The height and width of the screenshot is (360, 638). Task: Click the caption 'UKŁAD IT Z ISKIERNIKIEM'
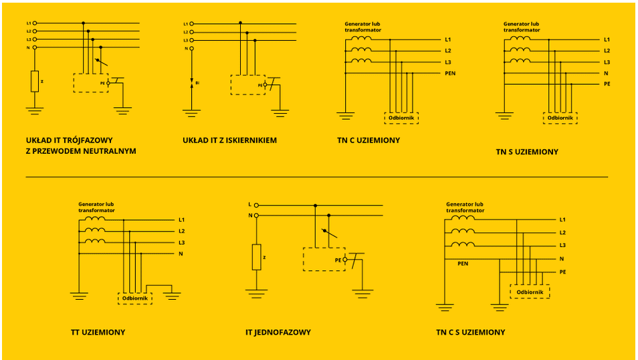pyautogui.click(x=229, y=141)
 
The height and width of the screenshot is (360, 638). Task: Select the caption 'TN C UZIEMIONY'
pyautogui.click(x=368, y=141)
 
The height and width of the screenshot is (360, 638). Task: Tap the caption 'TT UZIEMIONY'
pyautogui.click(x=98, y=332)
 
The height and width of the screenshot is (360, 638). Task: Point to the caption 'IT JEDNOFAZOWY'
pyautogui.click(x=278, y=332)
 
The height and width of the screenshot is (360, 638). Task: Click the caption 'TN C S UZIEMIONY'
pyautogui.click(x=470, y=332)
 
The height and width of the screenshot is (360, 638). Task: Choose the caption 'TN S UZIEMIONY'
pyautogui.click(x=527, y=152)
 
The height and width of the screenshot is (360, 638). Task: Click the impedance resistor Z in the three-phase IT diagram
pyautogui.click(x=35, y=81)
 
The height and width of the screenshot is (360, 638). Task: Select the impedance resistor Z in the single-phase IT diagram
pyautogui.click(x=256, y=257)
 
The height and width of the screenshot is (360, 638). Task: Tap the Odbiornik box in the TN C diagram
pyautogui.click(x=401, y=118)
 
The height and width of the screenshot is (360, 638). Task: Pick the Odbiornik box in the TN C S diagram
pyautogui.click(x=530, y=292)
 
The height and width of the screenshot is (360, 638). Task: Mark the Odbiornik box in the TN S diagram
pyautogui.click(x=560, y=118)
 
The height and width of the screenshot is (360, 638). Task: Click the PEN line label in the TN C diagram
pyautogui.click(x=450, y=73)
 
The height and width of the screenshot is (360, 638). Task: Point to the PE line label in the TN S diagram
pyautogui.click(x=607, y=84)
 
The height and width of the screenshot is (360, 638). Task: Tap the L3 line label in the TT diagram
pyautogui.click(x=181, y=242)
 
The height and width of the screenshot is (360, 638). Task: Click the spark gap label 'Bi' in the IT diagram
pyautogui.click(x=197, y=83)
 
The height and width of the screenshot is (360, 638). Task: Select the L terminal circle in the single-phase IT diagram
pyautogui.click(x=256, y=205)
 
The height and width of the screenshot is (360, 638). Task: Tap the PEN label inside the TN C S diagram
pyautogui.click(x=463, y=264)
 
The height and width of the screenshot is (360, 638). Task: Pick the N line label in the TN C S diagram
pyautogui.click(x=562, y=258)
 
